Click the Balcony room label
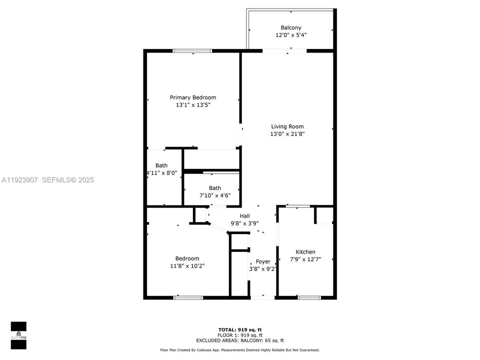[290, 27]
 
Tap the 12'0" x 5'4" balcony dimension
[290, 35]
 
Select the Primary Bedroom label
[193, 97]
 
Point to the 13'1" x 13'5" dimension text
[193, 105]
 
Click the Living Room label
[287, 126]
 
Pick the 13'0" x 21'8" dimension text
[287, 134]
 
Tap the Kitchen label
[305, 252]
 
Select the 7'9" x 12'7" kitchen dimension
[305, 259]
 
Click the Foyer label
[263, 261]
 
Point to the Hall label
[244, 216]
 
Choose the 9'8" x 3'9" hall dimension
[244, 223]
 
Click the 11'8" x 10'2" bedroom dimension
[187, 266]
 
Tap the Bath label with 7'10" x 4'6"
[215, 188]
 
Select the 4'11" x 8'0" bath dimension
[161, 173]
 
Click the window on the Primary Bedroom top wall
[192, 50]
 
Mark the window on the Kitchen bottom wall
[309, 297]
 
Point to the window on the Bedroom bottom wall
[188, 297]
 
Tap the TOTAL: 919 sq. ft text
[239, 329]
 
